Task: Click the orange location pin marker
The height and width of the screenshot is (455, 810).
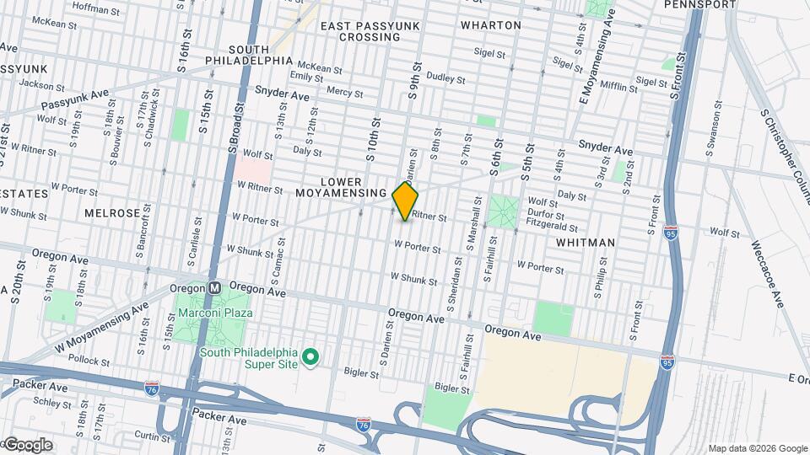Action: (406, 201)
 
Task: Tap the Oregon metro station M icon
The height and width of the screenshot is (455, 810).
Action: (214, 287)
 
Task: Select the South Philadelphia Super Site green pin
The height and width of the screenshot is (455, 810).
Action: (310, 357)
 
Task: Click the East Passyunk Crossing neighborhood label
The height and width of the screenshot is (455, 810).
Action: (359, 31)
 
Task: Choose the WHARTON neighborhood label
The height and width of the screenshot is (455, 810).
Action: (491, 25)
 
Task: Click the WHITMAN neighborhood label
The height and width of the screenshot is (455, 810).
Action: (586, 242)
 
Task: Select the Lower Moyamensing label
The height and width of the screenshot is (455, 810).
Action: (341, 187)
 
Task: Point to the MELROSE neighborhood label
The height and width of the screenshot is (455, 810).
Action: (112, 213)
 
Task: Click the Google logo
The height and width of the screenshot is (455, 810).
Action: (27, 444)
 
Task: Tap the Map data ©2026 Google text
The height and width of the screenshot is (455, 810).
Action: (758, 448)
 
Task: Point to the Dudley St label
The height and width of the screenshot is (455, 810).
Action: (446, 78)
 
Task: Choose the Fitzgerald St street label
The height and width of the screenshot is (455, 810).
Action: (551, 227)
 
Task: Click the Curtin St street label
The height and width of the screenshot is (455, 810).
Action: (153, 436)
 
